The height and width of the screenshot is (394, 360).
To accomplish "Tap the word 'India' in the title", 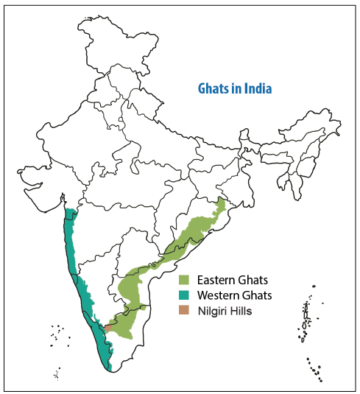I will click(258, 88).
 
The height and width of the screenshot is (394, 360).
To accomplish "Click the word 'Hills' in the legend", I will click(241, 311).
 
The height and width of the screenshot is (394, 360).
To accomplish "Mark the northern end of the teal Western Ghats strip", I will click(71, 211).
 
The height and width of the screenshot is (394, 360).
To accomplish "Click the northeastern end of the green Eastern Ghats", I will click(222, 200).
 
